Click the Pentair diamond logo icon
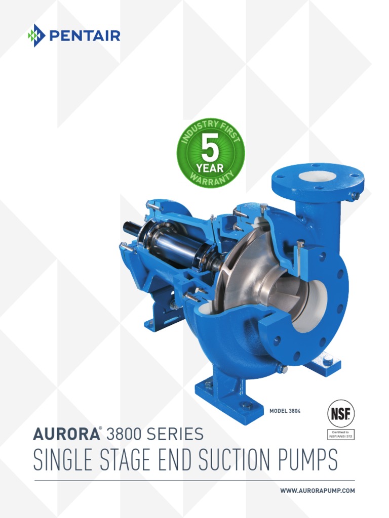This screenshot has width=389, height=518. pos(36,35)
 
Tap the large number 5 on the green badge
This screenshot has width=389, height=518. pos(211,147)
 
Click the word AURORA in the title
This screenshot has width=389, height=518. pos(64,434)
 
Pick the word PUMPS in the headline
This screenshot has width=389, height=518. pos(306,460)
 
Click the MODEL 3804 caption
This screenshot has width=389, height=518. pos(285,411)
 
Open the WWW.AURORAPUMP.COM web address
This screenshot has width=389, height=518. pos(318,491)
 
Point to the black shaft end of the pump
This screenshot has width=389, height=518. pos(130,229)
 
